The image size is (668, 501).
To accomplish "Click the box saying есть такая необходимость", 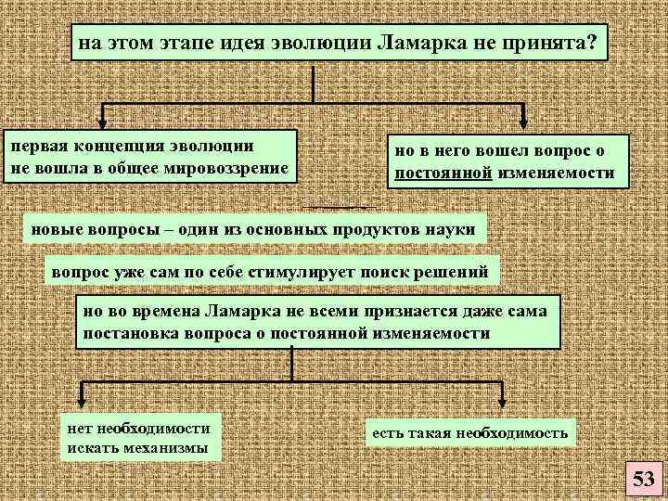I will pos(470,432).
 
